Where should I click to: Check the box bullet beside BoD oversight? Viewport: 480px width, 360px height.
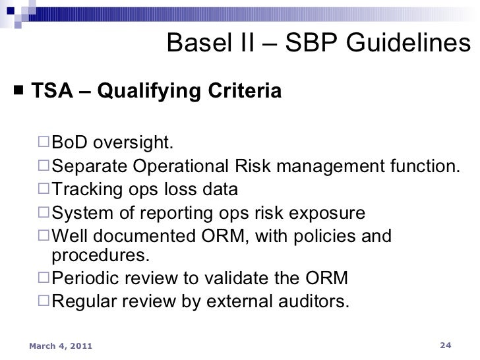[x=44, y=143]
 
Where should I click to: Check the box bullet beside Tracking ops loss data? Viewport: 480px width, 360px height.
[x=44, y=191]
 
